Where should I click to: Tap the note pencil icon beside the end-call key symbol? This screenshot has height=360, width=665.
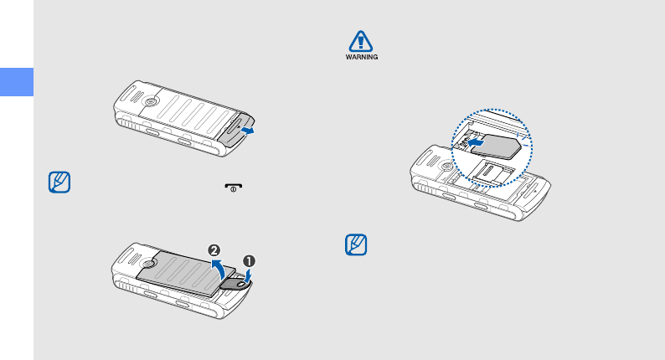point(59,183)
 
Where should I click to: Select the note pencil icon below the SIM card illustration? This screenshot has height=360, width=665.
point(357,246)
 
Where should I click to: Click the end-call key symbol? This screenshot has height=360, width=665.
point(224,191)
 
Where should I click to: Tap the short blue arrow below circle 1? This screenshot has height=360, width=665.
point(246,272)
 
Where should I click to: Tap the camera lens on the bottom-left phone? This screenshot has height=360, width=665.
point(148,264)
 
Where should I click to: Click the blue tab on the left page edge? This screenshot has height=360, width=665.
point(16,82)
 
